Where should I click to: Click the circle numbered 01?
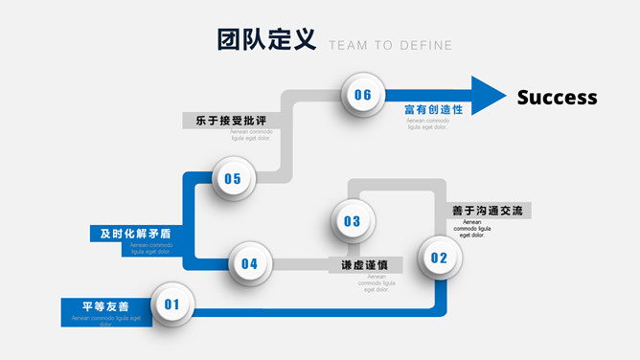click(x=171, y=304)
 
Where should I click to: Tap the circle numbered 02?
click(x=439, y=257)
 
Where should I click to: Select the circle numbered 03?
click(x=352, y=221)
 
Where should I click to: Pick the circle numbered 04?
click(x=249, y=263)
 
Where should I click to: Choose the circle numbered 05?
click(x=233, y=178)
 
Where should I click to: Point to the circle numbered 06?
click(x=362, y=95)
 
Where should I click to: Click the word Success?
click(x=557, y=98)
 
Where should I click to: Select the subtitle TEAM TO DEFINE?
click(x=390, y=45)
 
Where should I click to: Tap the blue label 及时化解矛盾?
click(x=135, y=233)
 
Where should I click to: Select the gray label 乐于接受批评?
click(x=231, y=121)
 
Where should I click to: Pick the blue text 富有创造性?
click(x=434, y=109)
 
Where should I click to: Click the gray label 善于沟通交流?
click(x=487, y=211)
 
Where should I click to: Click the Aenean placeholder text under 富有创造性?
click(x=427, y=124)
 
